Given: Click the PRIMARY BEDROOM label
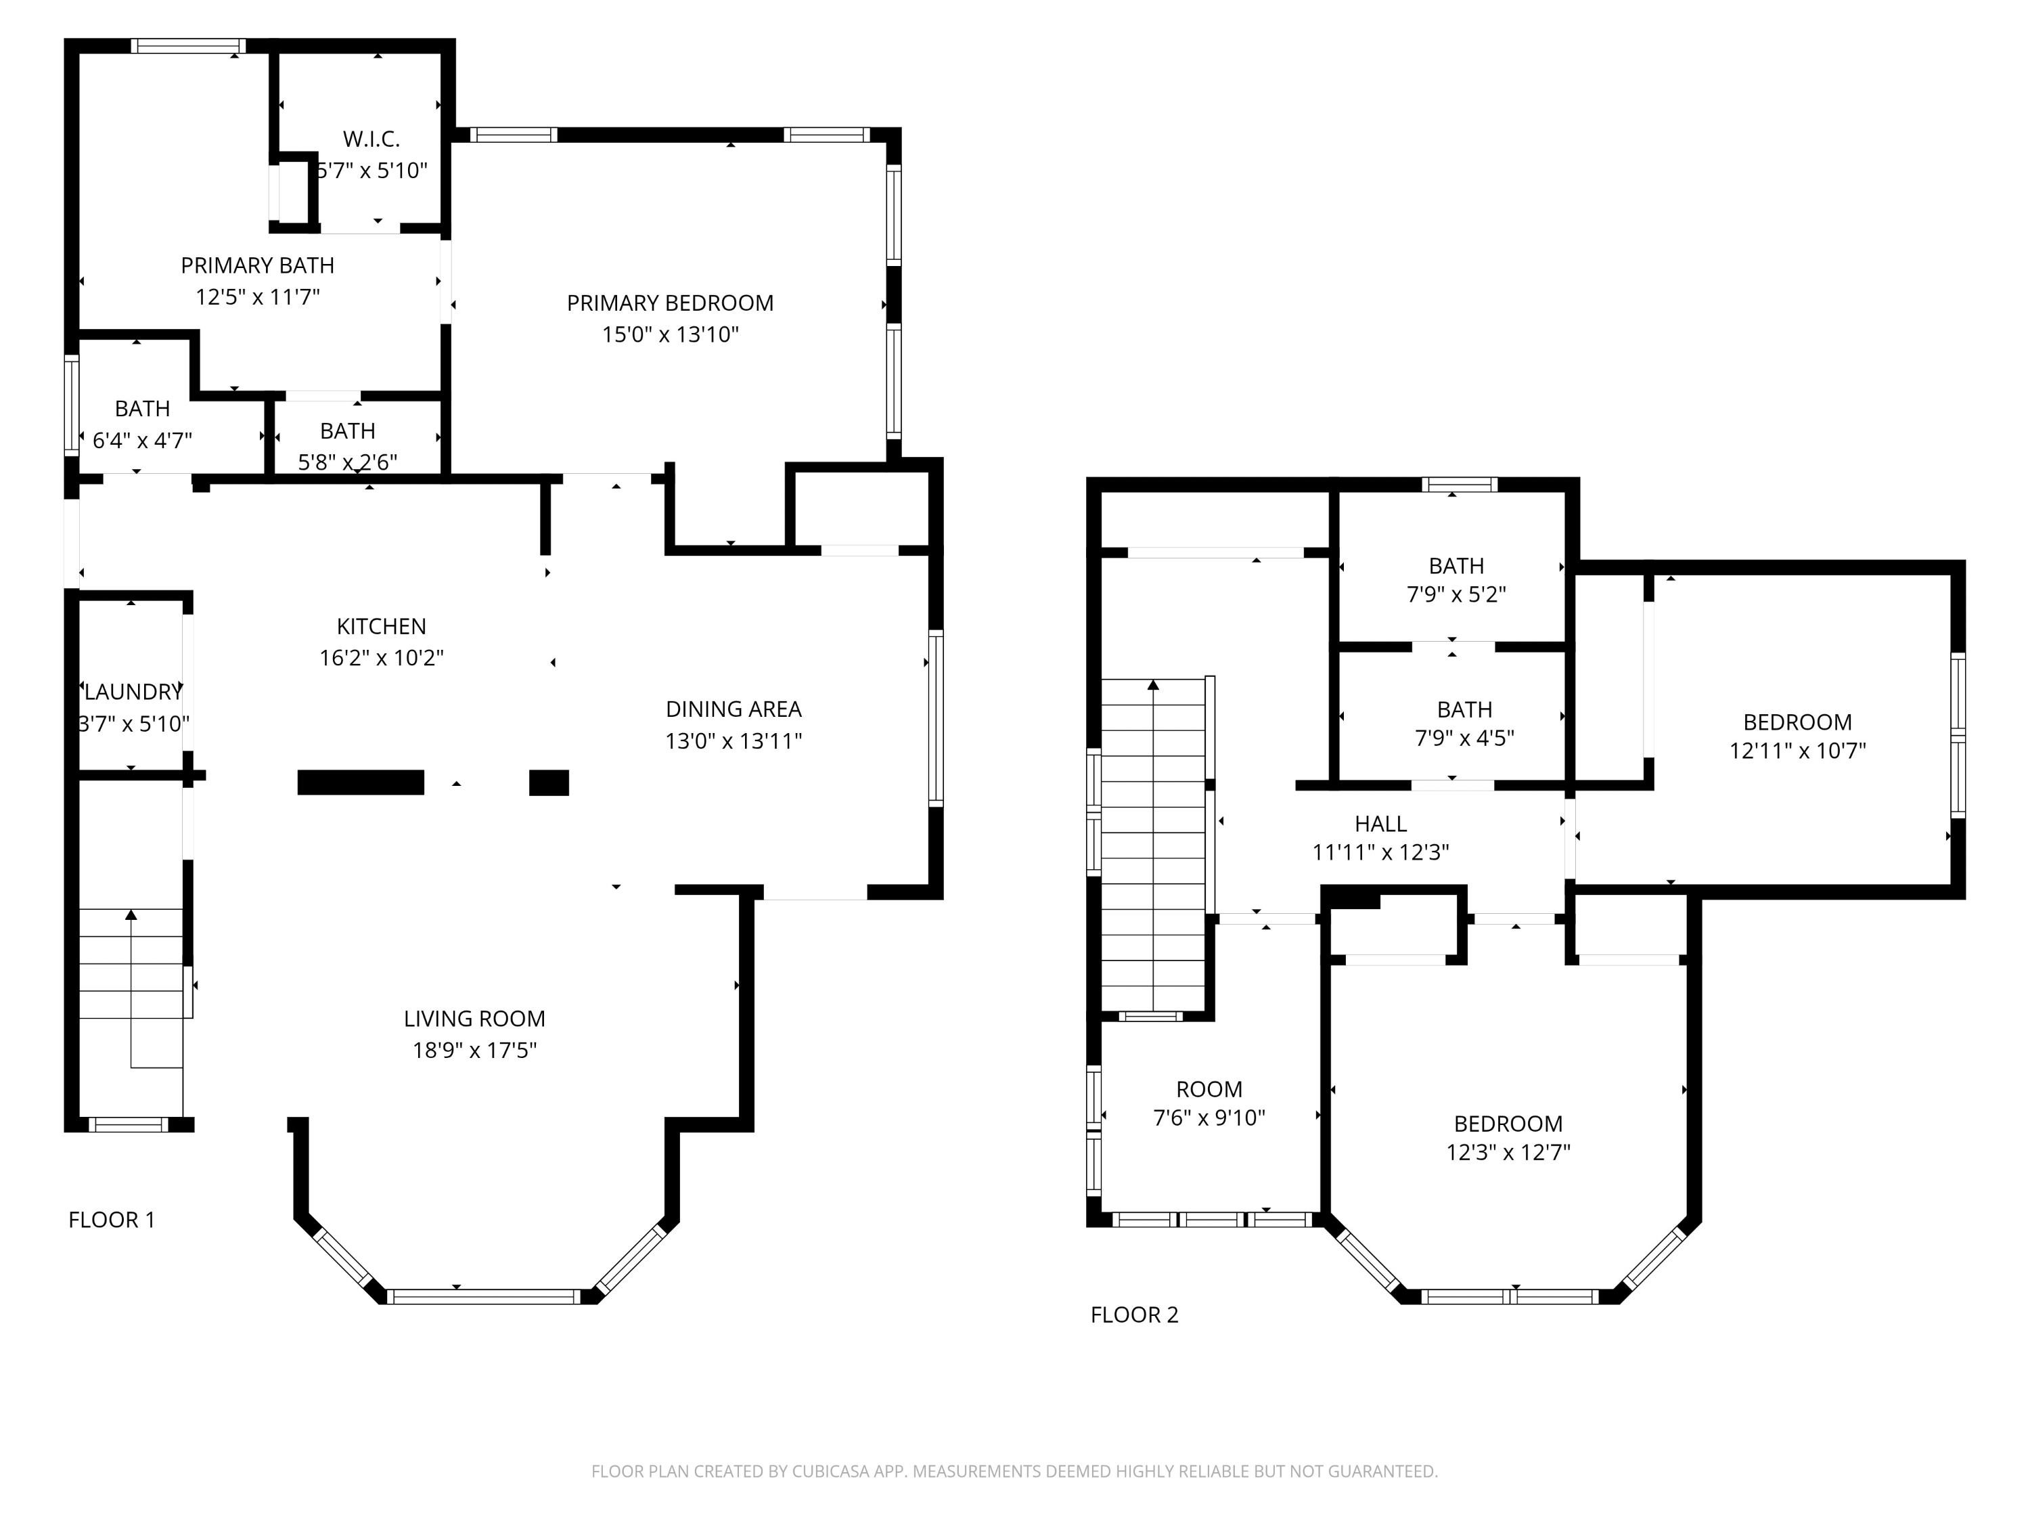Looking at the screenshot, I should pyautogui.click(x=670, y=303).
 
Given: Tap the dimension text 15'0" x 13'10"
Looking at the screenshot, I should pyautogui.click(x=670, y=334).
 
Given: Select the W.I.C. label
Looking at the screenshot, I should pyautogui.click(x=371, y=139).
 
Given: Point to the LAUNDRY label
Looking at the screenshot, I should pyautogui.click(x=133, y=692).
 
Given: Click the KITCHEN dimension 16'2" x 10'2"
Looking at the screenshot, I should pyautogui.click(x=381, y=658).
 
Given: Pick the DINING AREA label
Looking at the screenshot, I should pyautogui.click(x=734, y=709).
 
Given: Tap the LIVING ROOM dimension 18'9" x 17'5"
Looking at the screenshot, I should pyautogui.click(x=474, y=1051).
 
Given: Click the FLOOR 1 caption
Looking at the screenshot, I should pyautogui.click(x=112, y=1220).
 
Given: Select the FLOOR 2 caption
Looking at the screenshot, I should pyautogui.click(x=1133, y=1315).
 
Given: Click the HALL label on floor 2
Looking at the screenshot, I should pyautogui.click(x=1380, y=824).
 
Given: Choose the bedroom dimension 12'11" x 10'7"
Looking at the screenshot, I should pyautogui.click(x=1797, y=751).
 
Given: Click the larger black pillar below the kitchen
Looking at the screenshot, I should pyautogui.click(x=361, y=782).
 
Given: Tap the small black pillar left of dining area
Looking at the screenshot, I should pyautogui.click(x=549, y=782).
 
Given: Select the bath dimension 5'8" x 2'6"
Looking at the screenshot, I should pyautogui.click(x=347, y=462).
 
